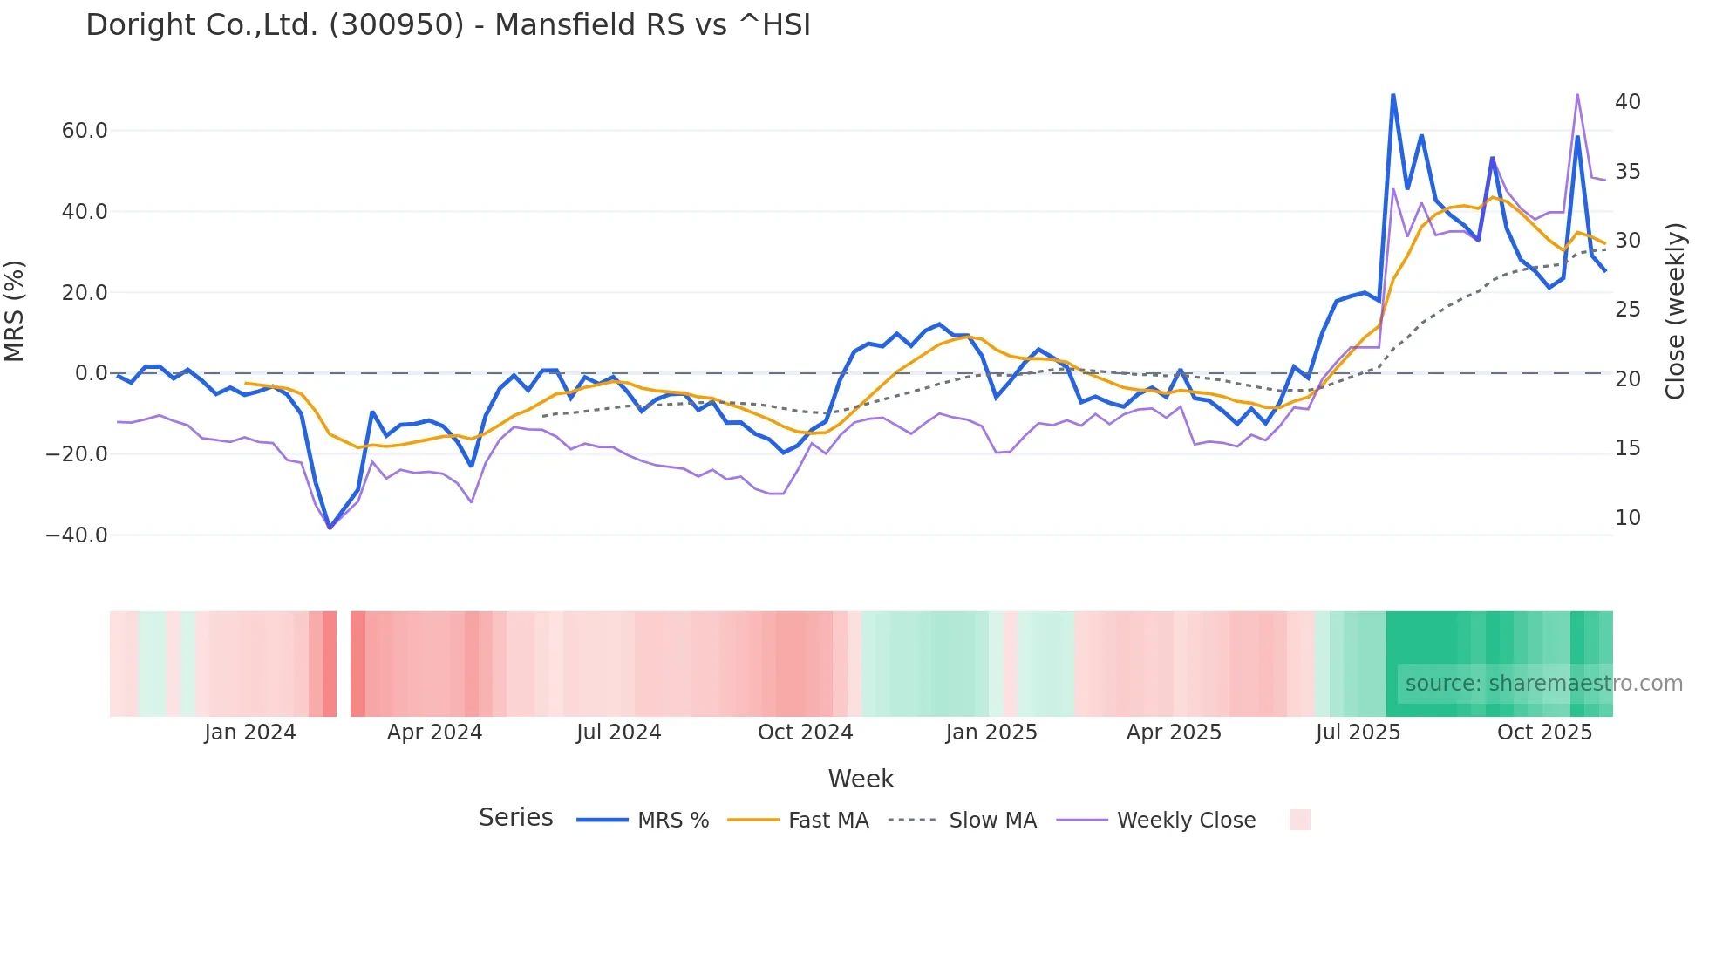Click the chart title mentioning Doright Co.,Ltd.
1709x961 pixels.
448,25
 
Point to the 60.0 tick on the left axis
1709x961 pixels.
85,131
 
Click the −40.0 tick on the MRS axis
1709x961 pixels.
77,535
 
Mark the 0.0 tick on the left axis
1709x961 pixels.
91,373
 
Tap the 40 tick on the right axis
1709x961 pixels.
1627,102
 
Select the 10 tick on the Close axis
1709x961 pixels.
1627,518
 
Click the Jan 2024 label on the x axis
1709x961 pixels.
250,733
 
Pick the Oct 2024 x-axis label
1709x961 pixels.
805,733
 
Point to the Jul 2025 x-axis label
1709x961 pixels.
1358,733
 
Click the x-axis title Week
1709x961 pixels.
861,779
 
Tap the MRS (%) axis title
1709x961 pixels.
15,311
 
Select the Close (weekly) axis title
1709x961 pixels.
1674,311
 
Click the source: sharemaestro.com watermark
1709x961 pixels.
1543,684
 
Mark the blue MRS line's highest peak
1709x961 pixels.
1392,95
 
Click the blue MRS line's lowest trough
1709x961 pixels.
330,528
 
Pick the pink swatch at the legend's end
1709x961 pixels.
1299,821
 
